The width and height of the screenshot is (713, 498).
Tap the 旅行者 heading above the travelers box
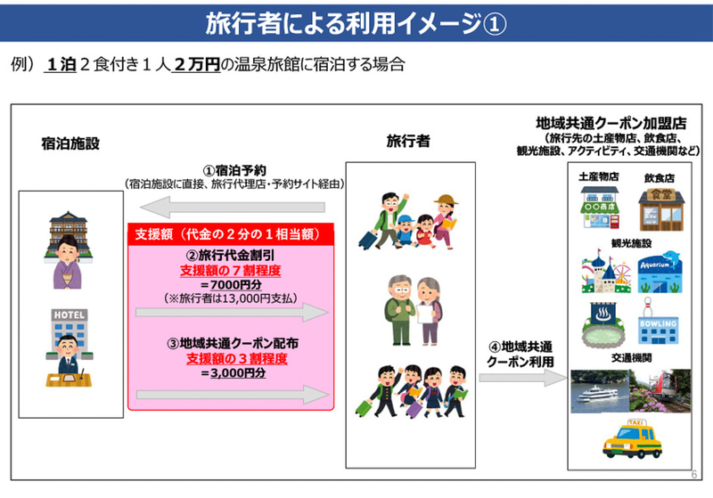[408, 141]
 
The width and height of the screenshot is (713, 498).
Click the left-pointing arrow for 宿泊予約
[236, 208]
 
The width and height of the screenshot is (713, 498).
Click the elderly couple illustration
[407, 308]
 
